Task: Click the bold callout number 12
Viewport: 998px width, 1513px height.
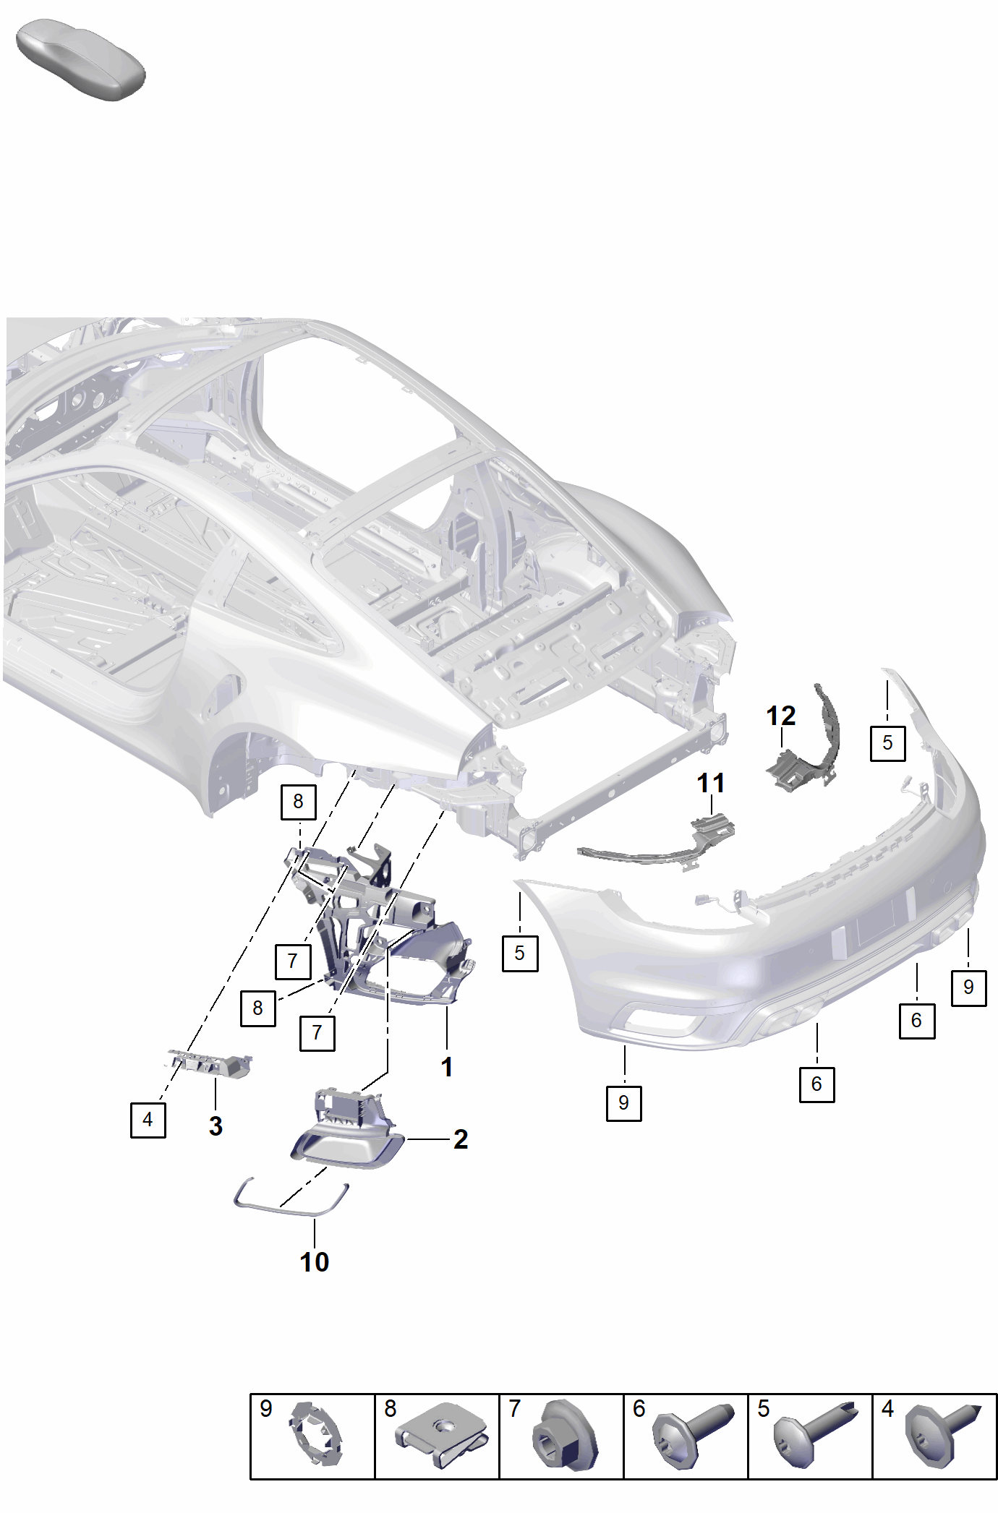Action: (780, 716)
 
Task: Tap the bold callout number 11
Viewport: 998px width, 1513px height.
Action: (710, 783)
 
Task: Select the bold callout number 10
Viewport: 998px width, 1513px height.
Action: (315, 1262)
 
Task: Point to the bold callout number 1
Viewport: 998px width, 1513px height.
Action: (447, 1067)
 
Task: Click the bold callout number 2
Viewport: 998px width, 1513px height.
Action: (461, 1139)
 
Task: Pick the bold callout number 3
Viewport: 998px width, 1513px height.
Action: (216, 1126)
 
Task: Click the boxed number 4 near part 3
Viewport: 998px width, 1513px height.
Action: (148, 1120)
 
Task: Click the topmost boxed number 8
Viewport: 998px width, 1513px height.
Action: (298, 802)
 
